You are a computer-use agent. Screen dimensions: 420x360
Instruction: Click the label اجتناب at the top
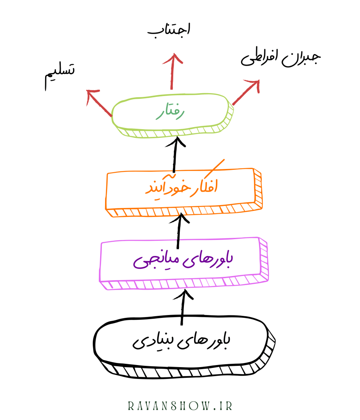(x=169, y=31)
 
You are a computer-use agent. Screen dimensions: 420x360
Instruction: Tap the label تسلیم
(x=60, y=75)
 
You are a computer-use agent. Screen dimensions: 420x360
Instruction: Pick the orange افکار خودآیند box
(x=182, y=189)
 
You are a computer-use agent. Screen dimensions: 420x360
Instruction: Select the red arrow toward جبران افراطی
(x=246, y=92)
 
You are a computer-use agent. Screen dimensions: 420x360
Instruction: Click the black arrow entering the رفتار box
(x=176, y=154)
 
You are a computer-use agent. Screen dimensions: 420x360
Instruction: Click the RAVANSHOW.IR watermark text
(x=180, y=406)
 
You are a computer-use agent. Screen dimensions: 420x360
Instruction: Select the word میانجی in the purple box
(x=154, y=261)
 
